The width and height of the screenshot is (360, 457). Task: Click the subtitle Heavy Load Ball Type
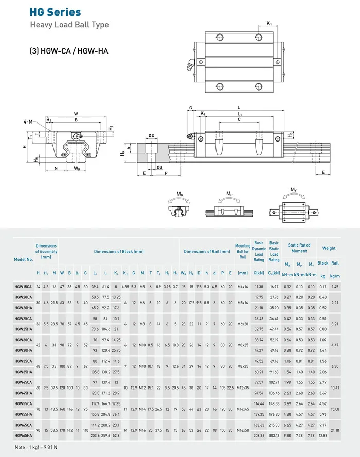pyautogui.click(x=69, y=25)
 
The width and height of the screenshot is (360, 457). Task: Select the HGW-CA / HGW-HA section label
pyautogui.click(x=68, y=51)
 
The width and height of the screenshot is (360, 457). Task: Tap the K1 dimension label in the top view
pyautogui.click(x=269, y=23)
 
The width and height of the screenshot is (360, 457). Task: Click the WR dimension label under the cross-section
pyautogui.click(x=76, y=168)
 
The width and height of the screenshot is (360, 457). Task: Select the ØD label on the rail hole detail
pyautogui.click(x=152, y=135)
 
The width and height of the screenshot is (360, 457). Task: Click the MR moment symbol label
pyautogui.click(x=179, y=194)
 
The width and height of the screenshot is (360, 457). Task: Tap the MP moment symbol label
pyautogui.click(x=229, y=194)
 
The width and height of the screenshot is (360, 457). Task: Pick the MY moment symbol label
pyautogui.click(x=293, y=189)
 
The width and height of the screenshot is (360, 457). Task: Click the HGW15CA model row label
pyautogui.click(x=23, y=286)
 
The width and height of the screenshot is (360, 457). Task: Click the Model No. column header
pyautogui.click(x=23, y=259)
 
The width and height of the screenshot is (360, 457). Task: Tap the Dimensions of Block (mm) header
pyautogui.click(x=119, y=251)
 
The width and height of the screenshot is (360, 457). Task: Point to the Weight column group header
pyautogui.click(x=329, y=248)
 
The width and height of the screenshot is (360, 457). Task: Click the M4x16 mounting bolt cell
pyautogui.click(x=243, y=286)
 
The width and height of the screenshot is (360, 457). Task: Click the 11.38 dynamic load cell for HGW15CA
pyautogui.click(x=259, y=286)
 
